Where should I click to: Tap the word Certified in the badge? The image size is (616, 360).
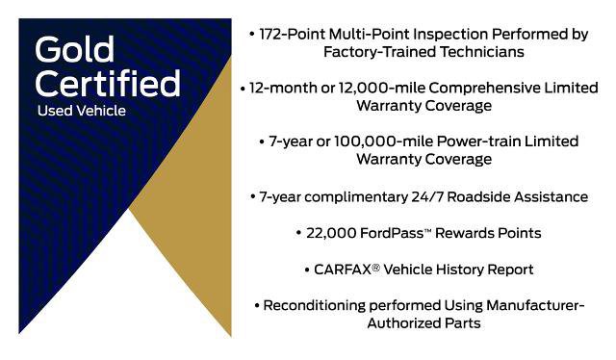pyautogui.click(x=107, y=83)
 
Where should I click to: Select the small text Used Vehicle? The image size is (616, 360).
pyautogui.click(x=82, y=111)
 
